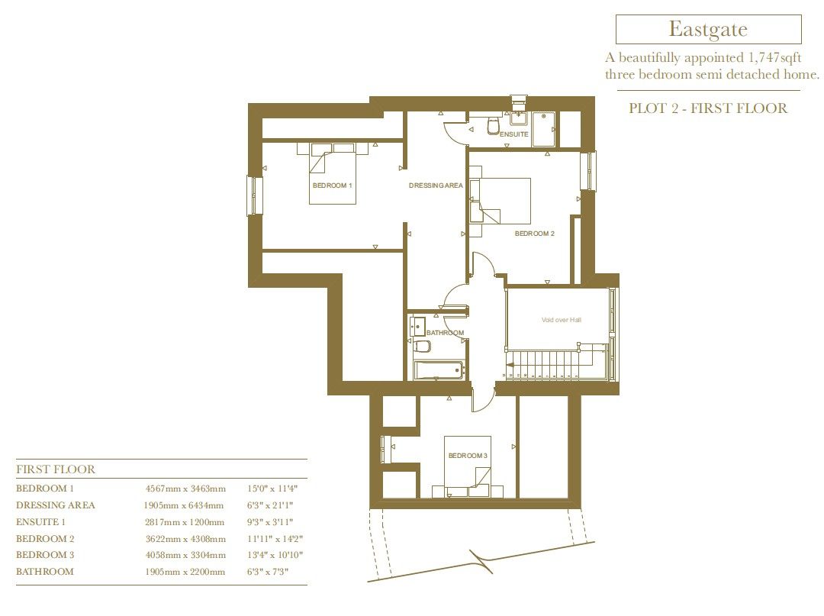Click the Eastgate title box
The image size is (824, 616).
[708, 30]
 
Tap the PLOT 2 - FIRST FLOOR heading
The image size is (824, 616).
[707, 108]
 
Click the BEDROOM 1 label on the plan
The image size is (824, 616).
[332, 185]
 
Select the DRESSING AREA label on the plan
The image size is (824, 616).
[436, 185]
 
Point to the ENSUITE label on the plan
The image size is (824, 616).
[513, 134]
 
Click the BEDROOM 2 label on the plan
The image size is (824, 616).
[534, 234]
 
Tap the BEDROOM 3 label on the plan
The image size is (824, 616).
[467, 456]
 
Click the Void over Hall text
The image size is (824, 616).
[560, 320]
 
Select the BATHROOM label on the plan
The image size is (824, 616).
[445, 333]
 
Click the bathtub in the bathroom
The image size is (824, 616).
[439, 371]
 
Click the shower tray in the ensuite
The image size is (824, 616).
[545, 129]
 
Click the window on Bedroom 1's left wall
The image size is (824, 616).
[254, 196]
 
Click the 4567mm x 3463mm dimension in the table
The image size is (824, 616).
[185, 489]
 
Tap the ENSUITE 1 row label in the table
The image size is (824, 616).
[41, 522]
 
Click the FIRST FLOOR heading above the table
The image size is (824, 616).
[56, 469]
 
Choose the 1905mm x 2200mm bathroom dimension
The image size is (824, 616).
[185, 572]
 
